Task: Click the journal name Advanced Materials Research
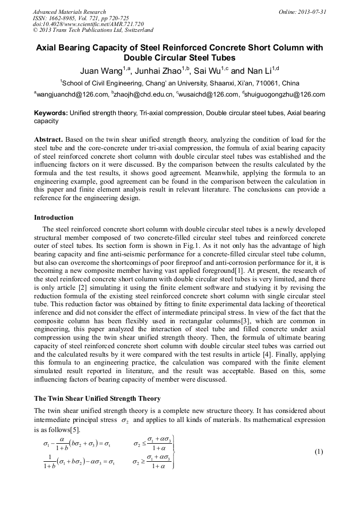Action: (70, 12)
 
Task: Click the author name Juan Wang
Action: (99, 71)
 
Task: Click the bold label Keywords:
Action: (51, 113)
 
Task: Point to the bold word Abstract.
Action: (49, 140)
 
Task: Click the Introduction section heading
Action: (54, 218)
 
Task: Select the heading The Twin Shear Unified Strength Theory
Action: (97, 398)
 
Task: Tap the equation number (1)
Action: (319, 452)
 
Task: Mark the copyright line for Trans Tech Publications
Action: (93, 30)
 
